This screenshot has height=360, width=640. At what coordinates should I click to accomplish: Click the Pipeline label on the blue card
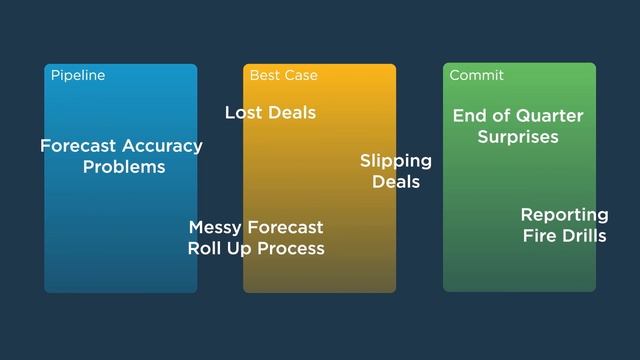(77, 75)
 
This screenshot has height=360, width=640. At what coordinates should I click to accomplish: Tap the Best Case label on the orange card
(283, 75)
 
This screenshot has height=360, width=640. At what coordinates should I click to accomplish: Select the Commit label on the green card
(476, 75)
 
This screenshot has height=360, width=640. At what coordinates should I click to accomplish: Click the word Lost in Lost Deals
(244, 113)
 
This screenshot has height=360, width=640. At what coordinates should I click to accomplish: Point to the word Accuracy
(162, 146)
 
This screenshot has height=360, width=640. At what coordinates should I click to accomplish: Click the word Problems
(124, 167)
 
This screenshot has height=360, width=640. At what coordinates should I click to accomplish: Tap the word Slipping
(396, 161)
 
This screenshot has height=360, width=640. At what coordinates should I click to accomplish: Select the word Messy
(215, 228)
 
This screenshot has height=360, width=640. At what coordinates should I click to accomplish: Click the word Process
(291, 248)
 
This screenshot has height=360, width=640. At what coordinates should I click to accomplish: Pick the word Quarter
(549, 116)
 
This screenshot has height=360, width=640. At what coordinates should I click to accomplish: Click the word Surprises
(518, 137)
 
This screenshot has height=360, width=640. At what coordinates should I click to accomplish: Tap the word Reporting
(564, 215)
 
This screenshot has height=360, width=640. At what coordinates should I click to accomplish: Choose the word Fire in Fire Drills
(539, 236)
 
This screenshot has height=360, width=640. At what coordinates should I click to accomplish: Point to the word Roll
(206, 248)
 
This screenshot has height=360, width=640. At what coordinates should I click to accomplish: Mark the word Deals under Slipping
(396, 182)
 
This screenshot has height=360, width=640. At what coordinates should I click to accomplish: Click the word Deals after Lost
(292, 113)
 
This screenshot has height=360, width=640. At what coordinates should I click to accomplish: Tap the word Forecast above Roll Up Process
(285, 228)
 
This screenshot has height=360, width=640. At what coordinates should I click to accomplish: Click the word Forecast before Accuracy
(78, 146)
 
